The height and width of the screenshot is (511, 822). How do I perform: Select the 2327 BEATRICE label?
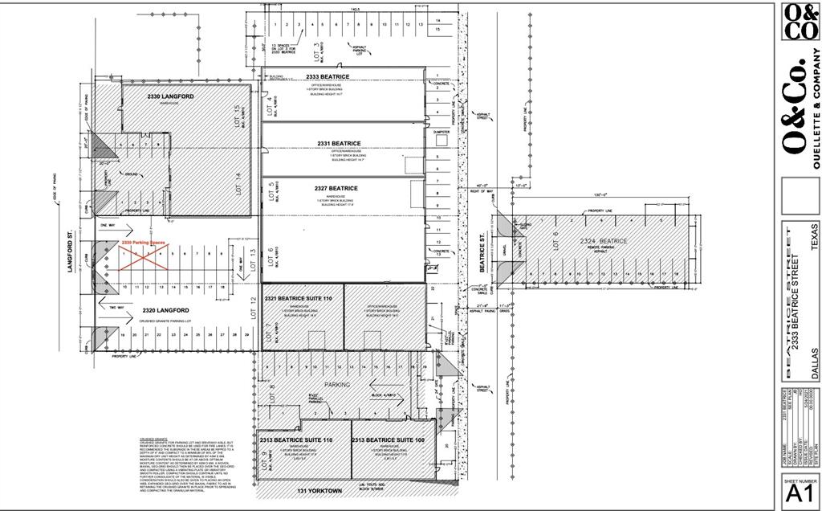point(336,188)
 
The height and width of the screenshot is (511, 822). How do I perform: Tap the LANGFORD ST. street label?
point(70,253)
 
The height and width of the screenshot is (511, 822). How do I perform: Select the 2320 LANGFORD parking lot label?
point(165,310)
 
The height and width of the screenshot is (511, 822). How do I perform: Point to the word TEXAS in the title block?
point(814,238)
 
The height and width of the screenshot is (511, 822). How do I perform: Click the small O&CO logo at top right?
point(800,22)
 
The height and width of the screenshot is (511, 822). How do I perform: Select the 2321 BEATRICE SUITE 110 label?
point(299,298)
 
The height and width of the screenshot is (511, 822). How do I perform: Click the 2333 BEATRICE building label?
point(328,76)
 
